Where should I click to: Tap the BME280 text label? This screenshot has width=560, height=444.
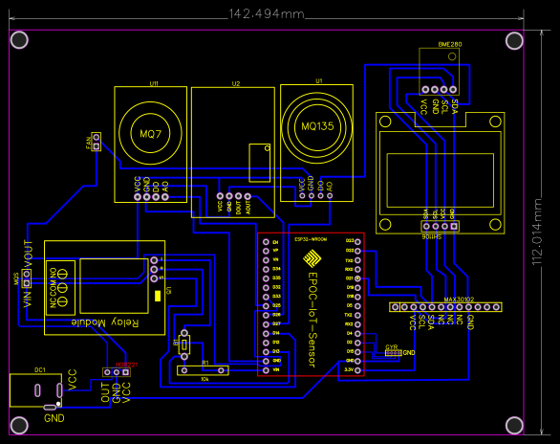[x=449, y=44]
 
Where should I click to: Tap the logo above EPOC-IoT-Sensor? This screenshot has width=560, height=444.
[x=312, y=258]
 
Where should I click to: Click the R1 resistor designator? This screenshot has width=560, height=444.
[x=205, y=363]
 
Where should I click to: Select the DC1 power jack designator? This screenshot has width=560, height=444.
[x=40, y=369]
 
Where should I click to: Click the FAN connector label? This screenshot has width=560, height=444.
[x=88, y=143]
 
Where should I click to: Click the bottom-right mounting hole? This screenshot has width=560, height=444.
[x=514, y=423]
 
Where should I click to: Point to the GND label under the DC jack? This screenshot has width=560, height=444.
[x=54, y=419]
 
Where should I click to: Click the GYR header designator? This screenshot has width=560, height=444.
[x=391, y=346]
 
